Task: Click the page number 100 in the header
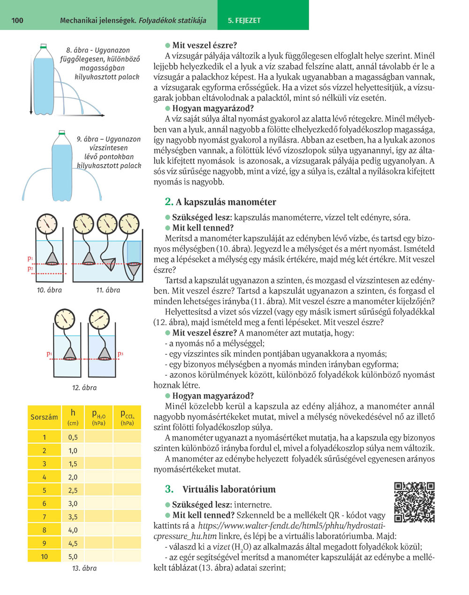(x=16, y=20)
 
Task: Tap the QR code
(x=414, y=502)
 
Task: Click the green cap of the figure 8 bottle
(x=43, y=46)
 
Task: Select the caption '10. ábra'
(x=49, y=290)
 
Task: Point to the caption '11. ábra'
(x=108, y=290)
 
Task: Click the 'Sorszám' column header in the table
(x=44, y=417)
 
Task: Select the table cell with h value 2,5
(x=73, y=490)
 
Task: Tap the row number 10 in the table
(x=44, y=557)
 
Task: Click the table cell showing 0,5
(x=73, y=437)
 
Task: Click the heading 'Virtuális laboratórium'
(x=229, y=489)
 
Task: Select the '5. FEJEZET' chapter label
(x=244, y=21)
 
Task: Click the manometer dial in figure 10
(x=46, y=224)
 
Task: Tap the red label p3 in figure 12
(x=121, y=354)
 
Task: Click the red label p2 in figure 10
(x=30, y=269)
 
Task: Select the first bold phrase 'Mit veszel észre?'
(x=204, y=46)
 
